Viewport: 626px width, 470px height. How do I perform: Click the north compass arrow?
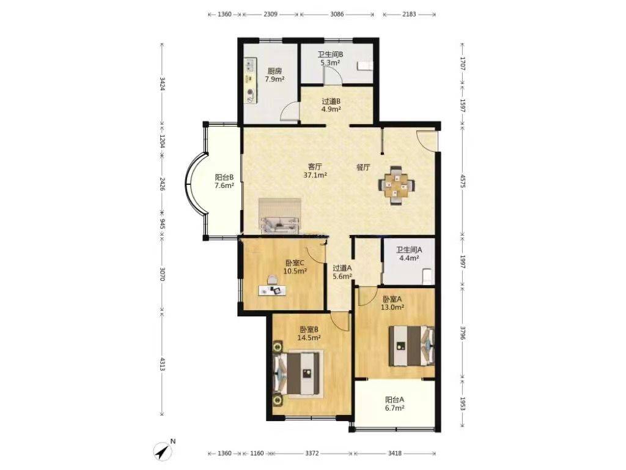[x=163, y=451]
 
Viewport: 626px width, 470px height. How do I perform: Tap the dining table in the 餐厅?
[x=396, y=185]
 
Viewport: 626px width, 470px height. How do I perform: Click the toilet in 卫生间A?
[x=427, y=276]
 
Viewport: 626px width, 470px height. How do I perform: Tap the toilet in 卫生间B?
[x=365, y=65]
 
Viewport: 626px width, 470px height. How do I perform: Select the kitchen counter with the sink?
[x=251, y=81]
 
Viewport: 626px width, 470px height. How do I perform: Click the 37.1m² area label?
[x=315, y=175]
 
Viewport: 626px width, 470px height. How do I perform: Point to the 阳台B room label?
[x=224, y=177]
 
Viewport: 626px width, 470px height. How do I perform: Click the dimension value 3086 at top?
[x=337, y=15]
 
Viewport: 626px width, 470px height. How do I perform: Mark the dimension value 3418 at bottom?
[x=394, y=453]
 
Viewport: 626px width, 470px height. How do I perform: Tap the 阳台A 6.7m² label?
[x=395, y=404]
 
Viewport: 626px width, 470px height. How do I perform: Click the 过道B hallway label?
[x=331, y=102]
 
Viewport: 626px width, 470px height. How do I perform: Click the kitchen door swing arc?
[x=289, y=111]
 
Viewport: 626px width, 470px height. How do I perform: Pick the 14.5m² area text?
[x=309, y=338]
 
